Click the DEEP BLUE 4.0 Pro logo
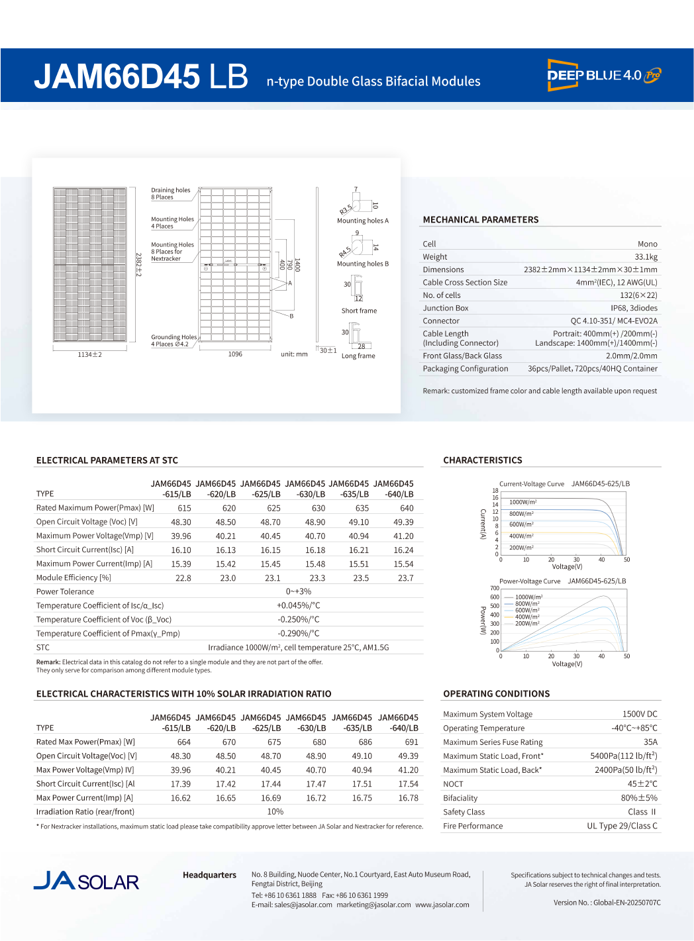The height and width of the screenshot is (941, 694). click(x=603, y=75)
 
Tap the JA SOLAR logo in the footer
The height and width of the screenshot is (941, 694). click(x=86, y=881)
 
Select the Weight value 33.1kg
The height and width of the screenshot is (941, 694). click(x=646, y=257)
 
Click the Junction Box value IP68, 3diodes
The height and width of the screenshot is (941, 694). click(x=634, y=308)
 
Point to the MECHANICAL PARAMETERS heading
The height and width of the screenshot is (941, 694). click(x=480, y=220)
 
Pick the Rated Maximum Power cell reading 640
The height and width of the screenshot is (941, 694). click(x=407, y=509)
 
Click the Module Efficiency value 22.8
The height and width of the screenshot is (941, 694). click(x=183, y=578)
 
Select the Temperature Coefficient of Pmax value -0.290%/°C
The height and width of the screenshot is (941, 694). click(x=298, y=634)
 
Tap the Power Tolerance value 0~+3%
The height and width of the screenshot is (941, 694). click(x=298, y=592)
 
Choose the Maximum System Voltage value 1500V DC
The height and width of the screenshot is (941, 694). click(x=640, y=715)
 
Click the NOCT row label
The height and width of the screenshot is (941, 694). click(x=453, y=784)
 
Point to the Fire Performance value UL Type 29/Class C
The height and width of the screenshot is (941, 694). click(x=622, y=826)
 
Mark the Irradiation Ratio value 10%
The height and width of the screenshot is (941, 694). click(x=275, y=812)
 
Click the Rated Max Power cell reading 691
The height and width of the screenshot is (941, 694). click(x=411, y=742)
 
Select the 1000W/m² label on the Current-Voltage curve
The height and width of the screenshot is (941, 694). click(x=522, y=502)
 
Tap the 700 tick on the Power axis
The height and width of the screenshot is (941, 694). click(x=495, y=588)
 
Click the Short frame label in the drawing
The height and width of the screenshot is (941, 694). click(x=359, y=311)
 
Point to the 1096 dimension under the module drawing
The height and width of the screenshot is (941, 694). click(x=235, y=354)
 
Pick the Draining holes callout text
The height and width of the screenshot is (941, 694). click(x=170, y=193)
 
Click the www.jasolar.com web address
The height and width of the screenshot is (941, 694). click(x=442, y=905)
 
